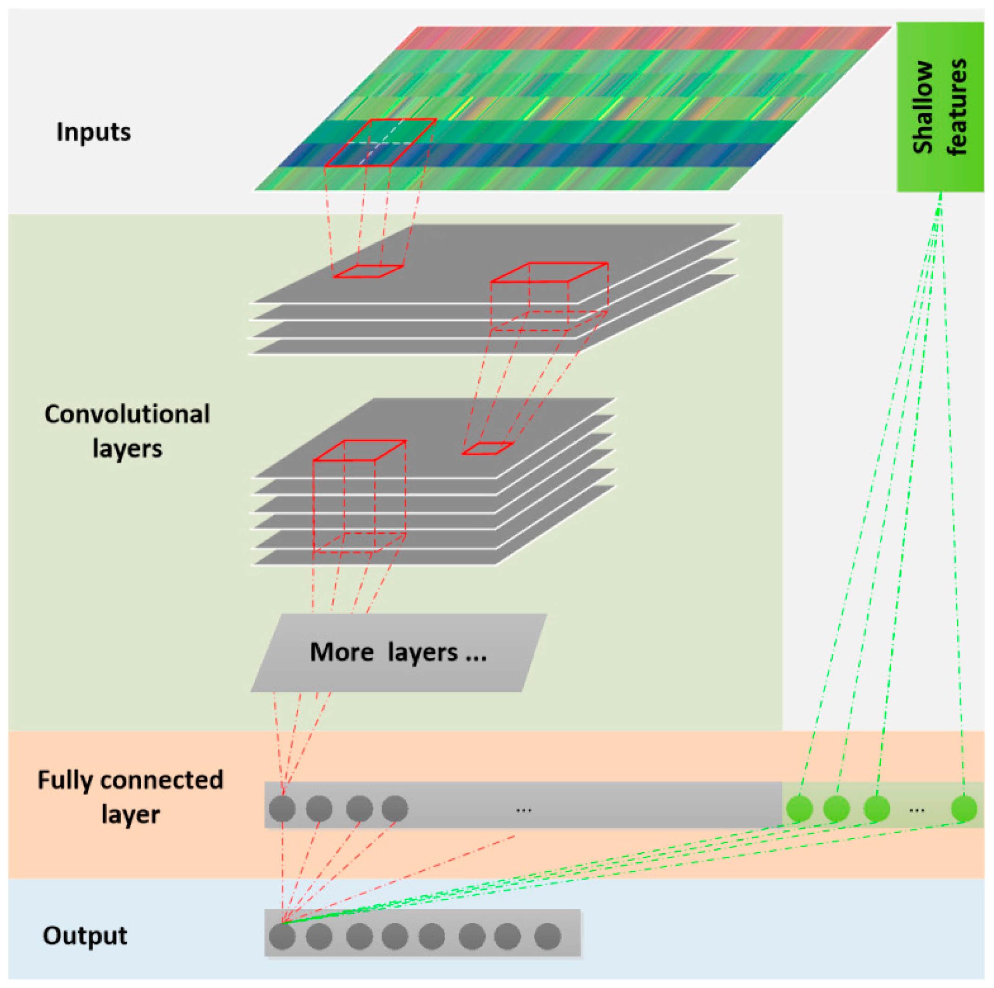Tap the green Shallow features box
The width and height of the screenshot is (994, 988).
[x=940, y=106]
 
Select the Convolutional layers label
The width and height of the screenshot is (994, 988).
[x=127, y=431]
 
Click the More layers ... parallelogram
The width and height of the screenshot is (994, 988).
[x=398, y=652]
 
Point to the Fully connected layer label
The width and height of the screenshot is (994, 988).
[x=130, y=797]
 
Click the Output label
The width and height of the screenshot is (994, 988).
[x=85, y=935]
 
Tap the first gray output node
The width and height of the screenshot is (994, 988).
[x=282, y=936]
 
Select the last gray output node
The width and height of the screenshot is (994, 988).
[x=547, y=936]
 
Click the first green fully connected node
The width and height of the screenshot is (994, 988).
[x=799, y=809]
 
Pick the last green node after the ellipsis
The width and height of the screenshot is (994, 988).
[x=964, y=809]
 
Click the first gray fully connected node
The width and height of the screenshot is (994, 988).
[x=282, y=809]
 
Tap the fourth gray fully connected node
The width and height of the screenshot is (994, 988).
[x=395, y=809]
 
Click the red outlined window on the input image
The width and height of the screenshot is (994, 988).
[x=380, y=143]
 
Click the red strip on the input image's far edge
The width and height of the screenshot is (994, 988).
[x=643, y=38]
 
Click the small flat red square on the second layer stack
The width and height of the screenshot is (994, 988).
[x=487, y=448]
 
